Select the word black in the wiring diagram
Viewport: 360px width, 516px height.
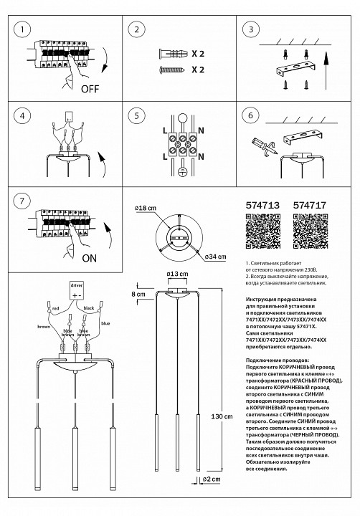click(x=89, y=308)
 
